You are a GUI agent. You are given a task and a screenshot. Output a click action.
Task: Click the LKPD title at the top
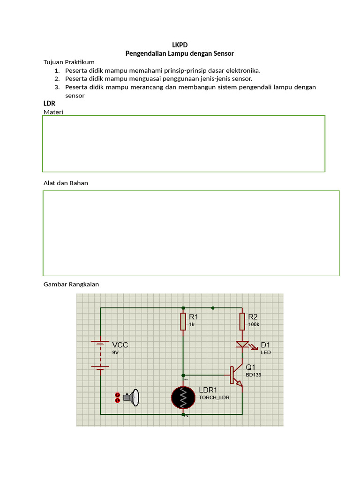pyautogui.click(x=180, y=45)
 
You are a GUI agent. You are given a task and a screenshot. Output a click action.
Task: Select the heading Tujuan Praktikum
pyautogui.click(x=69, y=62)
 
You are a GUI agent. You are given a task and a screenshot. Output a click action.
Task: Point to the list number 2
pyautogui.click(x=57, y=79)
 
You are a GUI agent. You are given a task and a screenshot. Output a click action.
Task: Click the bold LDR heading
pyautogui.click(x=49, y=103)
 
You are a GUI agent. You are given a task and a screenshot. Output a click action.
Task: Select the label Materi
pyautogui.click(x=53, y=112)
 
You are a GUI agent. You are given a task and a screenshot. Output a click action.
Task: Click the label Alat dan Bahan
pyautogui.click(x=66, y=183)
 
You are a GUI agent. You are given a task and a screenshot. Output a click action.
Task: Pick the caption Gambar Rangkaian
pyautogui.click(x=71, y=284)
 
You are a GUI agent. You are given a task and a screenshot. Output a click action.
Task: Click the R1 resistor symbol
pyautogui.click(x=183, y=322)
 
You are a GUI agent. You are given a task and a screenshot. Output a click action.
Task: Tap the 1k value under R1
pyautogui.click(x=192, y=324)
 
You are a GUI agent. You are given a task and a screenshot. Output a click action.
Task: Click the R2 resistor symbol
pyautogui.click(x=242, y=322)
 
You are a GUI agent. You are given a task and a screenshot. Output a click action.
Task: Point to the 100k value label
pyautogui.click(x=254, y=324)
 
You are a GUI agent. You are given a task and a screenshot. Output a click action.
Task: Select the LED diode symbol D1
pyautogui.click(x=242, y=345)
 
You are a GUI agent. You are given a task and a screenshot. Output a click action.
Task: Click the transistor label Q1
pyautogui.click(x=251, y=367)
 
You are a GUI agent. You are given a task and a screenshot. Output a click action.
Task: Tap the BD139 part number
pyautogui.click(x=254, y=375)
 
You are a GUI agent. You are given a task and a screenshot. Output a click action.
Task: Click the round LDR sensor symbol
pyautogui.click(x=183, y=398)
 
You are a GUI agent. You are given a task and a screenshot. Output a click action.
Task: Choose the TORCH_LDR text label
pyautogui.click(x=214, y=397)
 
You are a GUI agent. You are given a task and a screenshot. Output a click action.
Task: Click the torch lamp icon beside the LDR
pyautogui.click(x=132, y=398)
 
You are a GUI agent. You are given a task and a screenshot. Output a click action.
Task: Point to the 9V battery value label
pyautogui.click(x=115, y=352)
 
